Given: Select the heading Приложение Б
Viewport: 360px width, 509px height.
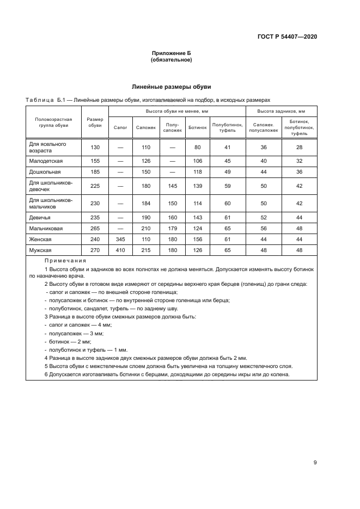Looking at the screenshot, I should coord(171,53).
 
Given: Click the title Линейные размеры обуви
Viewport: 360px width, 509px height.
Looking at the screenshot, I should coord(172,87).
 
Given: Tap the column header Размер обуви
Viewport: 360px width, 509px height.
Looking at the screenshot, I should coord(95,124).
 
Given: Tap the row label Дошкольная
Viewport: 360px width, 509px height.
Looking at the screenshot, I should coord(45,171).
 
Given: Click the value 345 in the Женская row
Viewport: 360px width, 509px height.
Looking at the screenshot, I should coord(120,239).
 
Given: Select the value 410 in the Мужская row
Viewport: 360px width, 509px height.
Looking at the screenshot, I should coord(120,250).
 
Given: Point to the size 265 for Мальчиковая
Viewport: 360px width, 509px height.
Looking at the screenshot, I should coord(95,229).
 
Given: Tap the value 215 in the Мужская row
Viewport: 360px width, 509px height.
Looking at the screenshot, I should coord(145,250).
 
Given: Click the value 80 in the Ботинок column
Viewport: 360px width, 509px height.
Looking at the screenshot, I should coord(197,148).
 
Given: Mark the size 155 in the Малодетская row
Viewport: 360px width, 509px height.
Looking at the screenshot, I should coord(95,161).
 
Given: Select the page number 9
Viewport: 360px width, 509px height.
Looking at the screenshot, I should coord(315,463).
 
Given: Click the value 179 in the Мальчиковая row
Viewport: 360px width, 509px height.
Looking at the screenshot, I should coord(172,229).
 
